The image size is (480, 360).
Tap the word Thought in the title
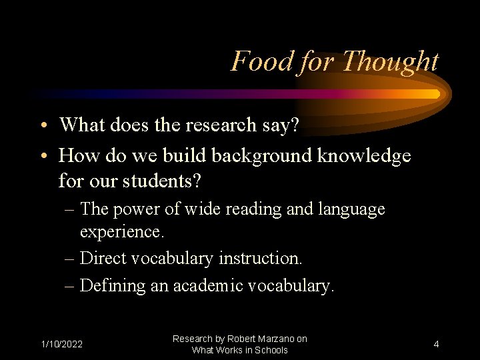[x=390, y=62]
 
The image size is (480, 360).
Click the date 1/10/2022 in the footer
[x=62, y=344]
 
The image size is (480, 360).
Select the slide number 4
[x=436, y=344]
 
